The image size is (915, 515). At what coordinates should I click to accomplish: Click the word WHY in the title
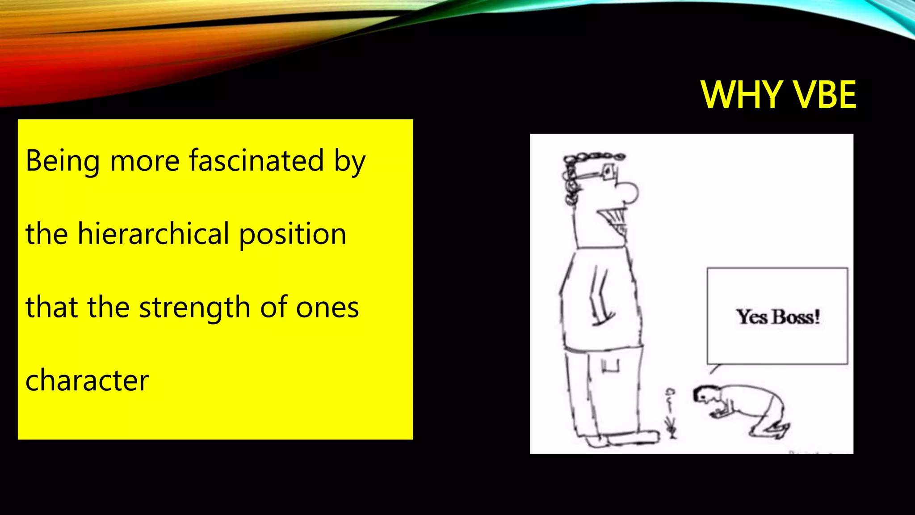click(741, 95)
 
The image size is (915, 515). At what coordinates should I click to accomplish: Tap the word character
click(87, 380)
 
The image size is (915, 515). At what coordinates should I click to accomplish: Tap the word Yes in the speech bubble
click(752, 317)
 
